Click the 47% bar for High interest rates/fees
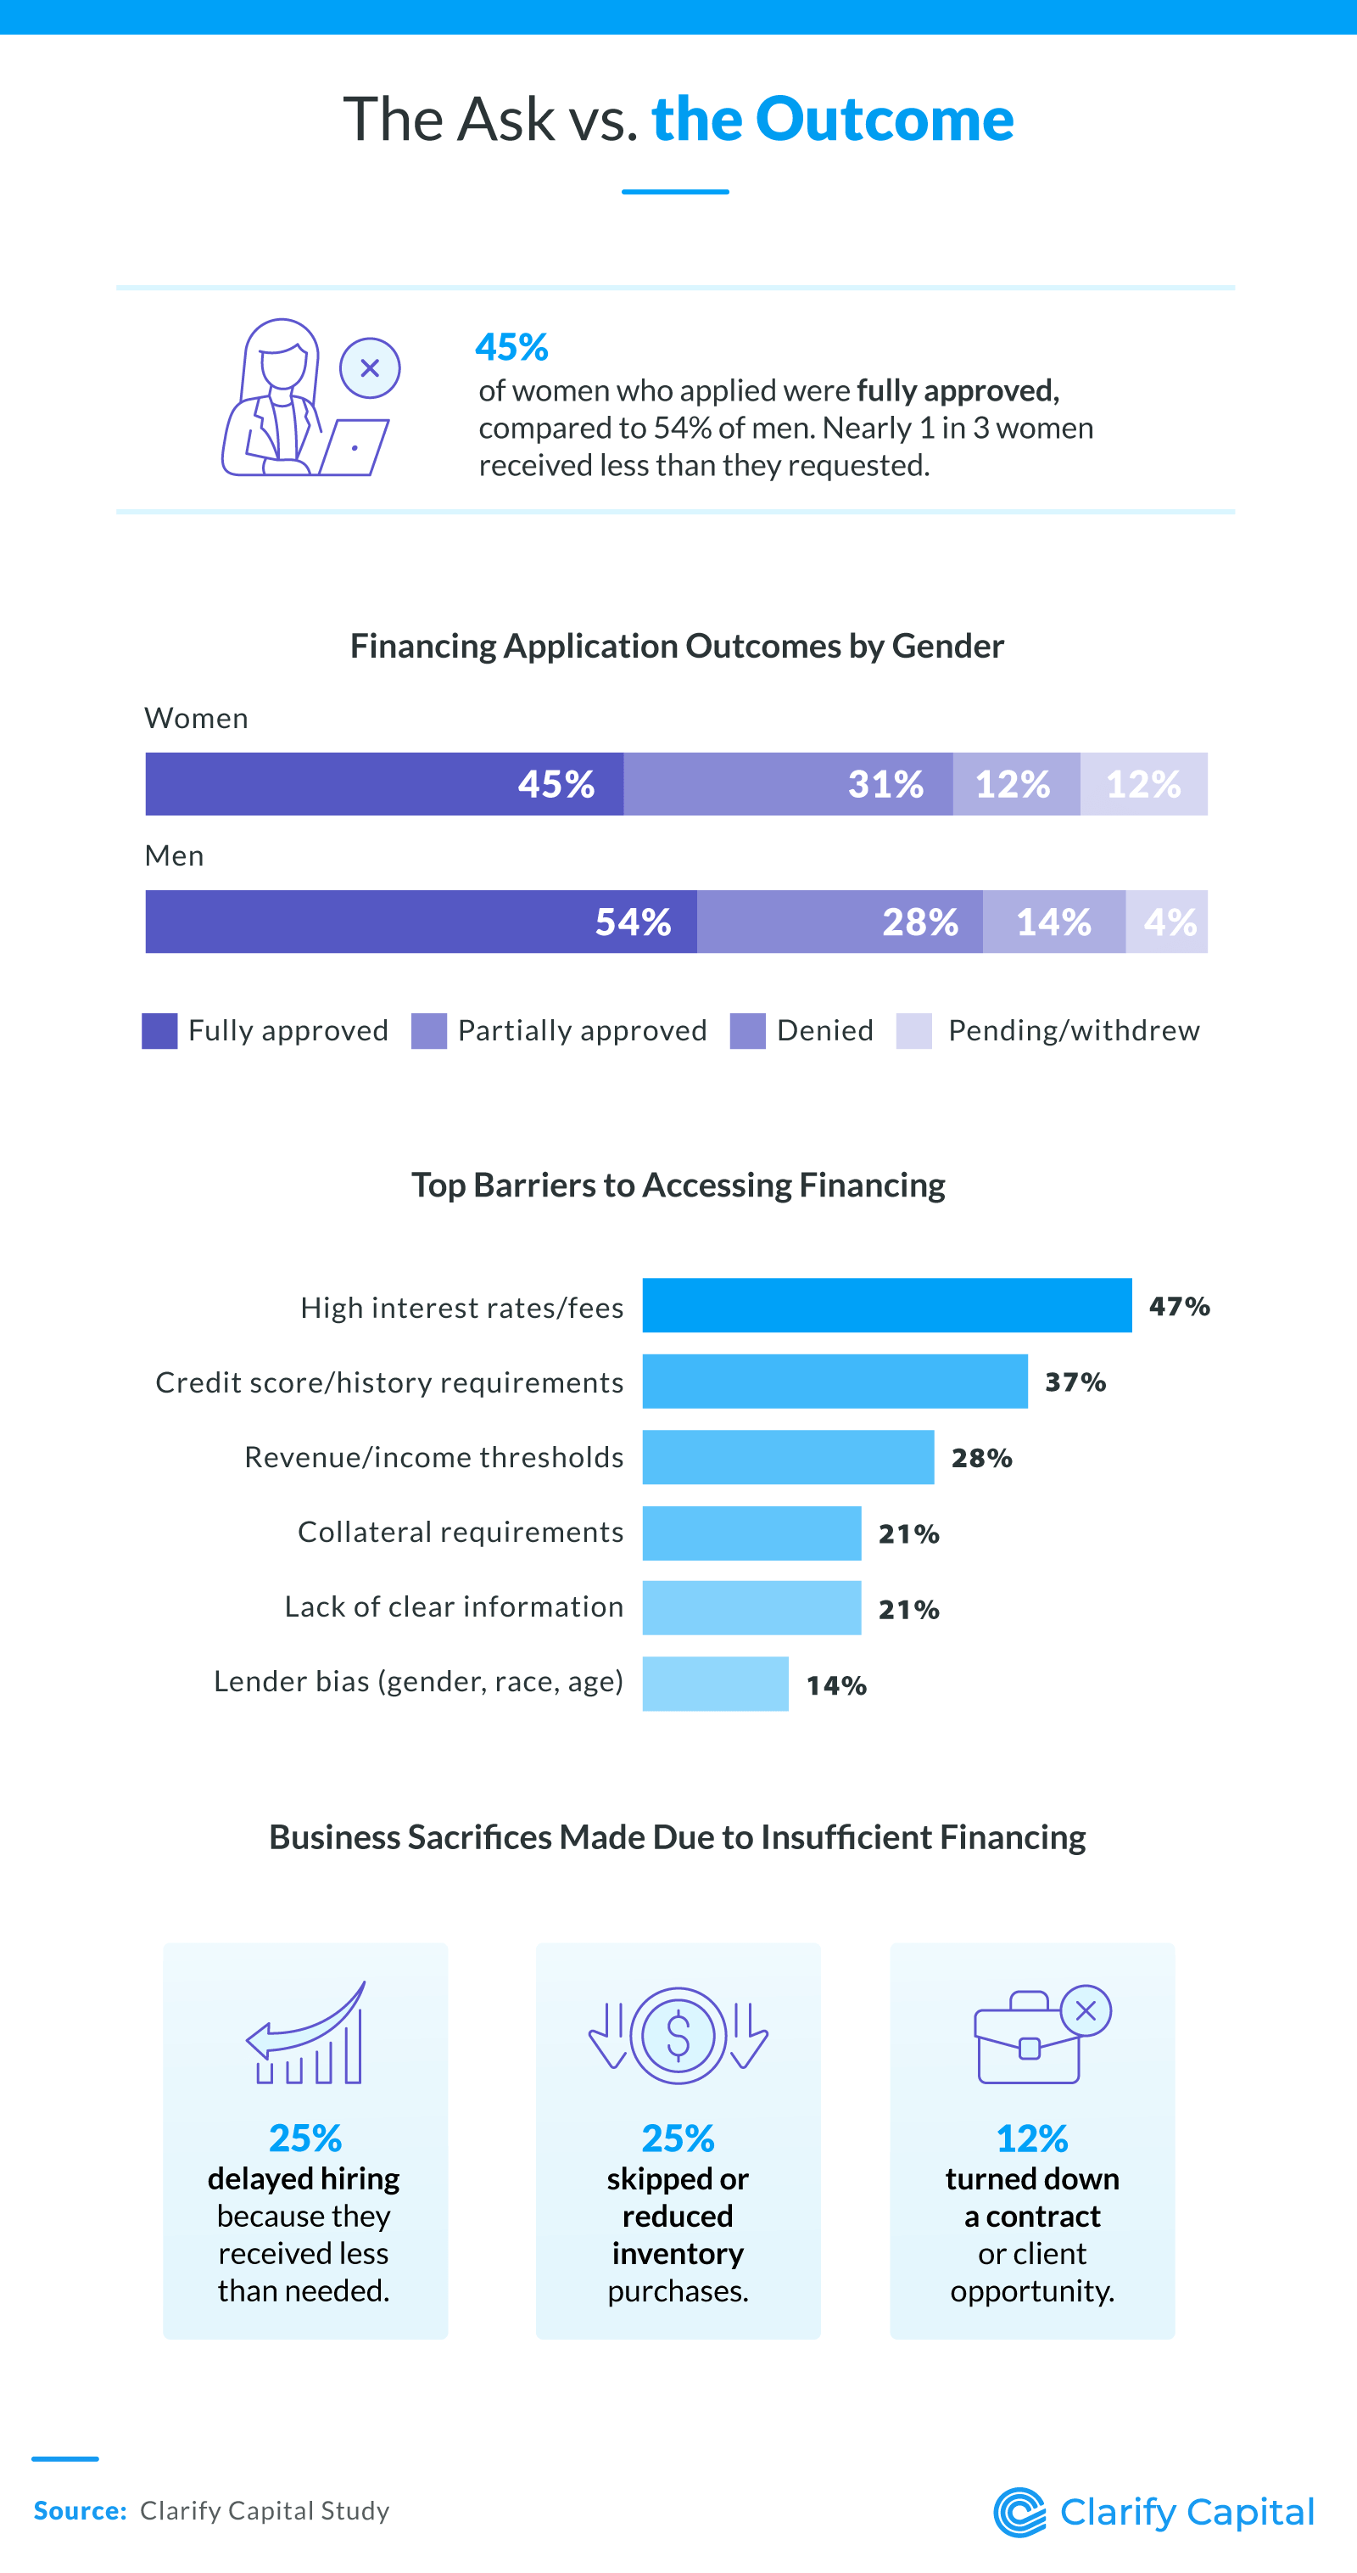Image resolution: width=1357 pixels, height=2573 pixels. [x=886, y=1305]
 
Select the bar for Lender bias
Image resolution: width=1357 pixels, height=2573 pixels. [x=715, y=1684]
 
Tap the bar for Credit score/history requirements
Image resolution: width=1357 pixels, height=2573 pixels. [x=835, y=1382]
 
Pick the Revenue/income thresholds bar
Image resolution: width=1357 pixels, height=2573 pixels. [x=788, y=1457]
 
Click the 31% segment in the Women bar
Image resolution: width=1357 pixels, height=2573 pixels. [x=788, y=784]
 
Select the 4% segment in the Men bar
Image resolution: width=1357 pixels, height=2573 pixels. [x=1166, y=922]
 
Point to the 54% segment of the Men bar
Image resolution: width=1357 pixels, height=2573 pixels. [x=422, y=922]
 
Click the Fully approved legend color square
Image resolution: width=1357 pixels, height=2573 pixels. [x=159, y=1031]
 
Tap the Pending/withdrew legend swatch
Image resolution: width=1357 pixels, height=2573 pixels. [x=913, y=1031]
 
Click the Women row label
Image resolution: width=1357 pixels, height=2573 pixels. [x=197, y=718]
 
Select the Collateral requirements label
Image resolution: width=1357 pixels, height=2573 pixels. [x=461, y=1533]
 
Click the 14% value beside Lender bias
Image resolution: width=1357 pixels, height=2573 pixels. [x=837, y=1686]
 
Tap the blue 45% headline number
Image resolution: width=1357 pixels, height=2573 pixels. [x=512, y=346]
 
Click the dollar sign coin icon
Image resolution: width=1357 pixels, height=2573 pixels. [x=678, y=2036]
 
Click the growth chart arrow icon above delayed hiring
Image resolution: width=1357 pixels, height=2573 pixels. [x=305, y=2032]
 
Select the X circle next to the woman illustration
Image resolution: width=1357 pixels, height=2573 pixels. [x=370, y=367]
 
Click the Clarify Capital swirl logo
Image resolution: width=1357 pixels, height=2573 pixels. [x=1019, y=2511]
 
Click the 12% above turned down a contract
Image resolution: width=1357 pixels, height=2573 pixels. [x=1032, y=2139]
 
